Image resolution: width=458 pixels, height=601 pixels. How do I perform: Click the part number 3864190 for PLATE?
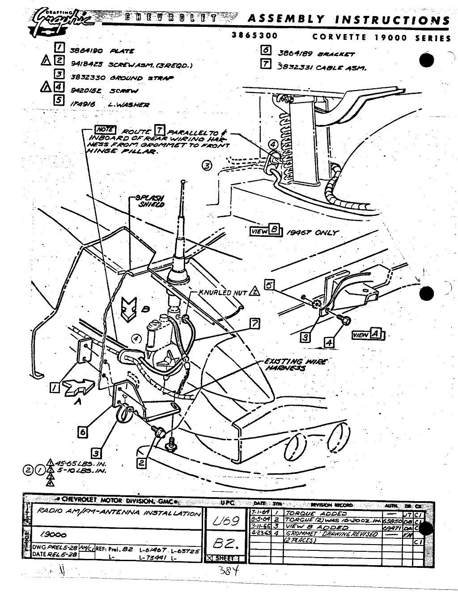[83, 50]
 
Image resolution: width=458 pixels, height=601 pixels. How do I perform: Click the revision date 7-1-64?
[259, 513]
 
